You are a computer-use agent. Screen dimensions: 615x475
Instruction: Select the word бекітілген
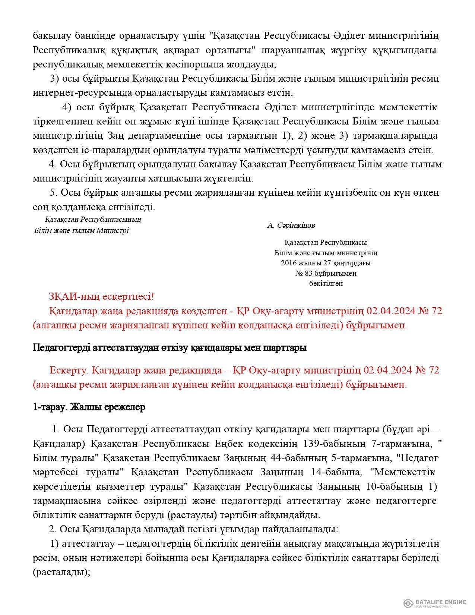click(x=326, y=283)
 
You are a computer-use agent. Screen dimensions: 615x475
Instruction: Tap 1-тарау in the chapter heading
click(x=45, y=407)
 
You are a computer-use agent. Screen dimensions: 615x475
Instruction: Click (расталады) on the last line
click(x=61, y=571)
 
